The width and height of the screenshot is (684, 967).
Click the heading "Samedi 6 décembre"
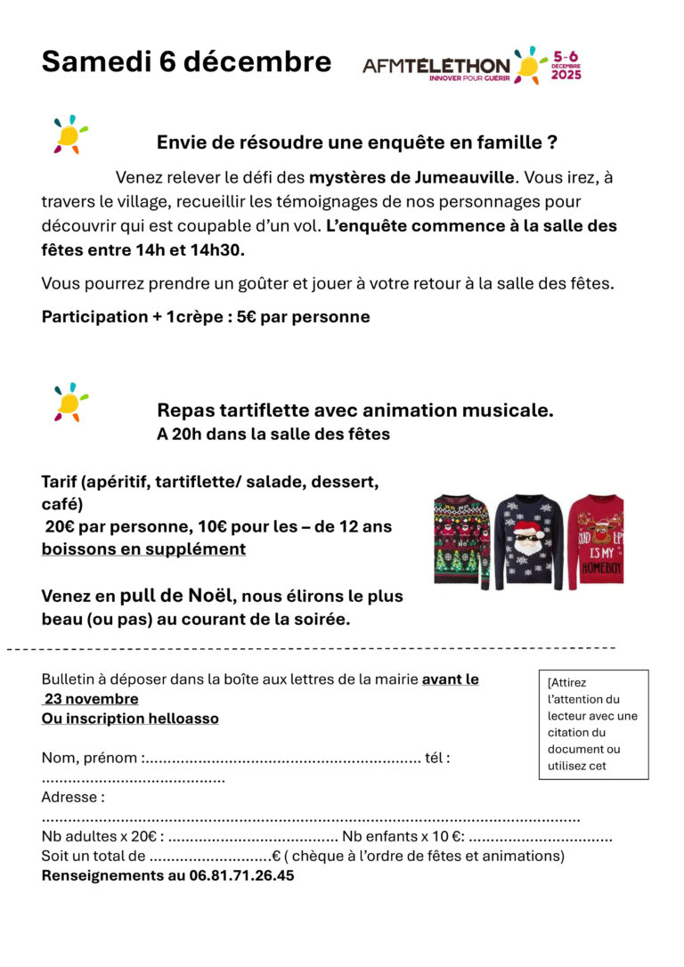[x=186, y=62]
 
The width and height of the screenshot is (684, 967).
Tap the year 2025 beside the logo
[x=566, y=75]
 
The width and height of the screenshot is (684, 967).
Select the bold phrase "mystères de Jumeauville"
[x=411, y=177]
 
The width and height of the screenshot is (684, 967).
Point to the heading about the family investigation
[x=357, y=142]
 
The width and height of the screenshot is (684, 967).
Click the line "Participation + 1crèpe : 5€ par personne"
[x=206, y=317]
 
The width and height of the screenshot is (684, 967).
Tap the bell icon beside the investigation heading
[x=69, y=134]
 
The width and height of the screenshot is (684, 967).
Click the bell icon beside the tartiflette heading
[x=69, y=402]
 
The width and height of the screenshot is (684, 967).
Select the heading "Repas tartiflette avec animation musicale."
[x=355, y=410]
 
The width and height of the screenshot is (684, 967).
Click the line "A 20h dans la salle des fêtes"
[x=273, y=435]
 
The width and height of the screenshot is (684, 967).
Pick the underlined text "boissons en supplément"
[x=143, y=549]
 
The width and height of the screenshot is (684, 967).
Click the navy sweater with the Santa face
[x=529, y=542]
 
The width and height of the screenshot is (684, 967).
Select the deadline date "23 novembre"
[x=92, y=699]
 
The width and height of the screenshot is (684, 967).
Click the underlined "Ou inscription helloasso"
[x=130, y=719]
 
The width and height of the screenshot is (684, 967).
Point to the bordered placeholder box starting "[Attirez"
[x=593, y=724]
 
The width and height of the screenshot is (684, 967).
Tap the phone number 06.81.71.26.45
[x=241, y=875]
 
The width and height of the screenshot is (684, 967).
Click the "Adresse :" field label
[x=73, y=797]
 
